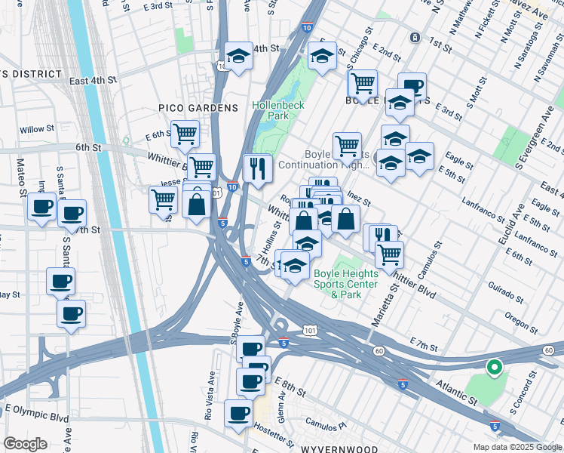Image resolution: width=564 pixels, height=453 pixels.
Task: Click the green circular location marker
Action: tap(495, 368)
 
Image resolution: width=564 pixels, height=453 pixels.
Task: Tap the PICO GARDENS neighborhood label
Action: tap(198, 109)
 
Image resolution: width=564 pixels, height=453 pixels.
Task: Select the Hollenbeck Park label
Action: tap(278, 111)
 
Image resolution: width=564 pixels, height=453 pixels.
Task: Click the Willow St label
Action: tap(32, 129)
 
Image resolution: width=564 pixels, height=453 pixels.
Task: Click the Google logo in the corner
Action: tap(26, 444)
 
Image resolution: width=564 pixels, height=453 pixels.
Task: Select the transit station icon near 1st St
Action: tap(414, 37)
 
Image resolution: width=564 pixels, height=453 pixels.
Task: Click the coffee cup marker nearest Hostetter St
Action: tap(239, 413)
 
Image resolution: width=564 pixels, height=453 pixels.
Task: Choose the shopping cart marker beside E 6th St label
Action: tap(185, 134)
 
